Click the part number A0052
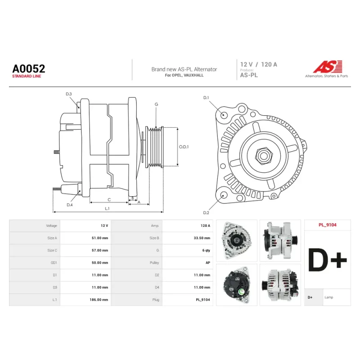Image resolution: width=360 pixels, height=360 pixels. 29,69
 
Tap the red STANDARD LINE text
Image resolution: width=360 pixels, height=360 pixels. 27,76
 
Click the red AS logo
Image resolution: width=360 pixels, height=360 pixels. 328,67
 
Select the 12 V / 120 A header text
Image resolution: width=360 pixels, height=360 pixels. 258,64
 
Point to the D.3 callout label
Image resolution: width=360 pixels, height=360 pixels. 69,94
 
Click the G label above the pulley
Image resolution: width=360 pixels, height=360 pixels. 156,104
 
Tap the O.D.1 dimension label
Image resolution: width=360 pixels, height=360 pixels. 184,147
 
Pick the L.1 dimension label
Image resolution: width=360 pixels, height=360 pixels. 107,208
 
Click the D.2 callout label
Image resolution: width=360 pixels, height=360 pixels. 206,213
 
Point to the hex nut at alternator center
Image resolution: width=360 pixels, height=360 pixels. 264,156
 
